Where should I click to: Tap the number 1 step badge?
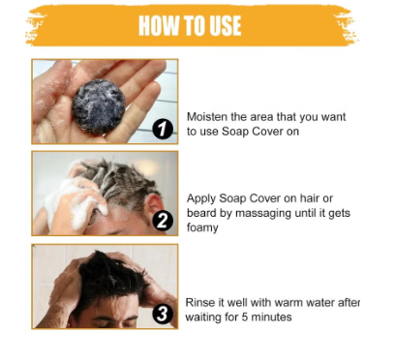click(163, 130)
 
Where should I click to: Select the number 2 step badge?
click(163, 222)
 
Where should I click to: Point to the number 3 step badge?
click(163, 313)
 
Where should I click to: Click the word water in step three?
click(326, 303)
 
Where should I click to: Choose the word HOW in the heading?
click(156, 26)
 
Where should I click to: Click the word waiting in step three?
click(204, 317)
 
